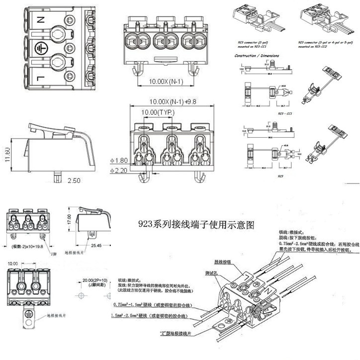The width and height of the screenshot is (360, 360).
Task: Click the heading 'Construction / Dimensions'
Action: click(256, 56)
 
